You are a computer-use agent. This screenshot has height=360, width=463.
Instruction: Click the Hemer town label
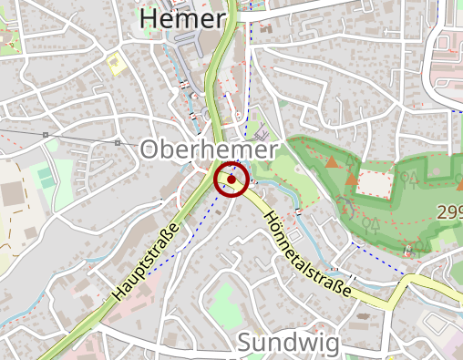point(181,19)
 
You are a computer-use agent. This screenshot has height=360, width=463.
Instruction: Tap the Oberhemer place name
point(209,151)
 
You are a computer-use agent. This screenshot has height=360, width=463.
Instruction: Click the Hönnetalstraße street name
point(307,252)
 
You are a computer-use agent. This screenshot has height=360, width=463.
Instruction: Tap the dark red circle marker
point(231,180)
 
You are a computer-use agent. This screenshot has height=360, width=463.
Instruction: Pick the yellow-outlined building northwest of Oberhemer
point(115,64)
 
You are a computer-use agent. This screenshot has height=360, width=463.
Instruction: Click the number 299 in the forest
point(449,212)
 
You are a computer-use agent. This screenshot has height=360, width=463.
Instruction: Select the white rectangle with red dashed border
point(373,182)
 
